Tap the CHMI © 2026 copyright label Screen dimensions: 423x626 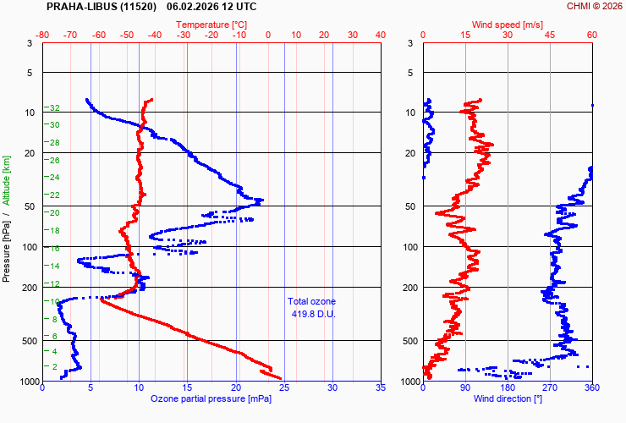(x=594, y=6)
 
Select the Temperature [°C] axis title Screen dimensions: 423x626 (x=211, y=25)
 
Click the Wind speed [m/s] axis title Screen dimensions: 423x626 (x=508, y=25)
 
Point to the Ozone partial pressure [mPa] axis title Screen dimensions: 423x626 (x=211, y=398)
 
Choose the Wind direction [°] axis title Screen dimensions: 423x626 (x=508, y=398)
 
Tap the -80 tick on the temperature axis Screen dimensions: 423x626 (x=43, y=35)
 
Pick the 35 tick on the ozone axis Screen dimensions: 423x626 (x=380, y=389)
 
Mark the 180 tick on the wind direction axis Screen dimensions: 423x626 (x=508, y=389)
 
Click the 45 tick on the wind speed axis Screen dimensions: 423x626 (x=550, y=35)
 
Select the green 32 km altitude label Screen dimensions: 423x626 (x=54, y=108)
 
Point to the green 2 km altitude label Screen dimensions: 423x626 (x=55, y=366)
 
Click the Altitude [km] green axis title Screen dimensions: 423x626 (x=6, y=179)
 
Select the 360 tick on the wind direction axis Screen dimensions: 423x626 (x=592, y=389)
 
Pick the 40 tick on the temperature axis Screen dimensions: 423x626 (x=380, y=35)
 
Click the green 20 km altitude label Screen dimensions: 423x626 (x=54, y=212)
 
